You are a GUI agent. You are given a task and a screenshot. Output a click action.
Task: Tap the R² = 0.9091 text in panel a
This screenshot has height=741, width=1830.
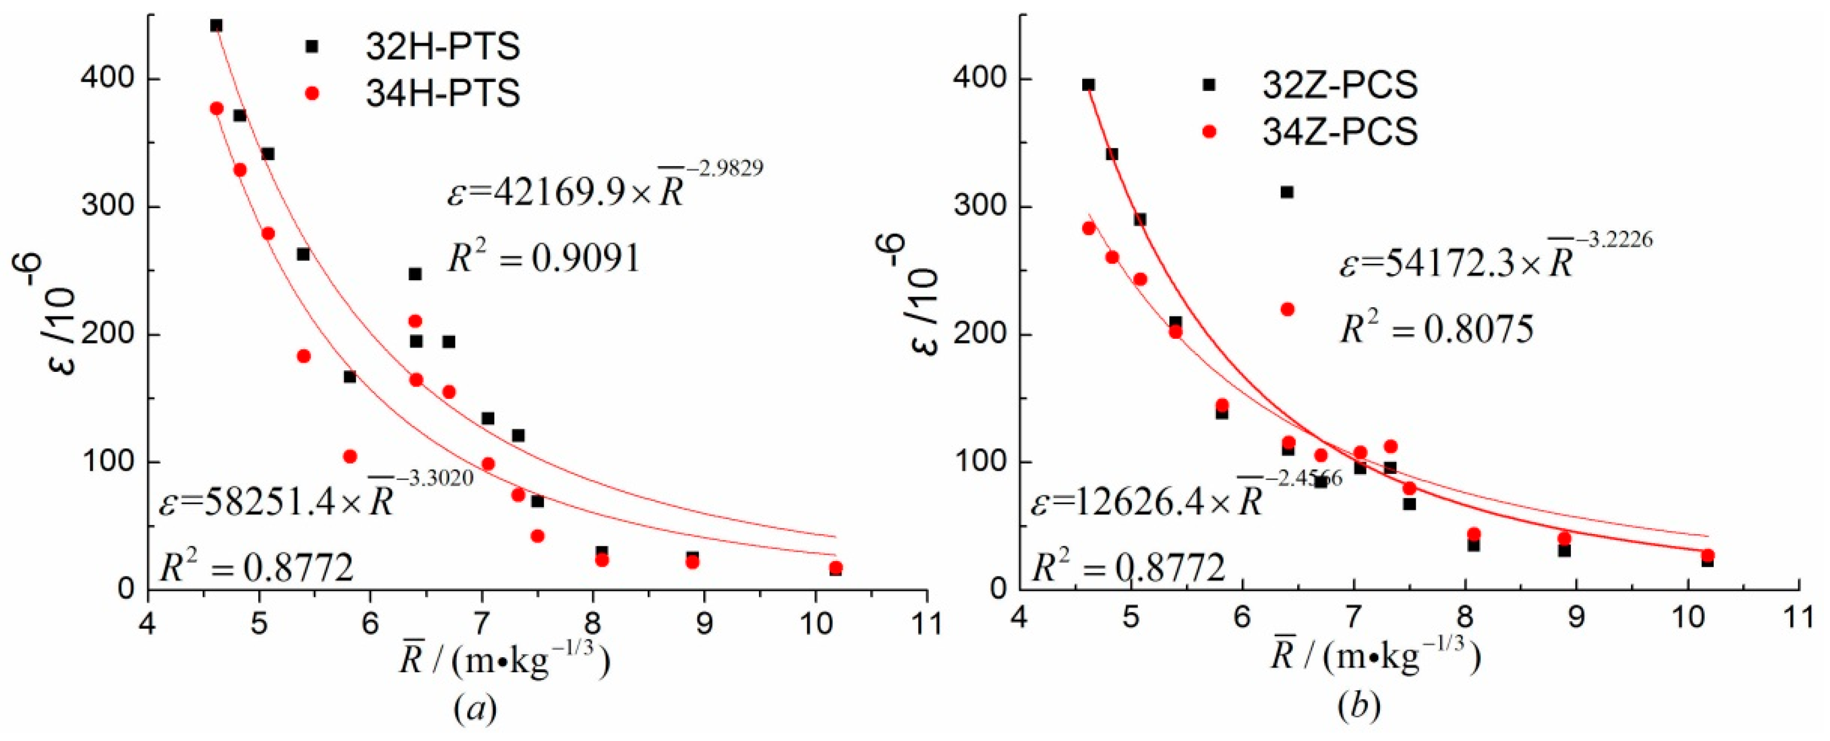coord(543,257)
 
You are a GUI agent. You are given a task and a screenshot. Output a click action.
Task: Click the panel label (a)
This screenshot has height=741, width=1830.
coord(474,708)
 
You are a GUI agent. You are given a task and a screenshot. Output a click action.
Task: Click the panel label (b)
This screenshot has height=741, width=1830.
coord(1358,708)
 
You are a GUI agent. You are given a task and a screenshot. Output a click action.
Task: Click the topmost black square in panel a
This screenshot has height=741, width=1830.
coord(217,25)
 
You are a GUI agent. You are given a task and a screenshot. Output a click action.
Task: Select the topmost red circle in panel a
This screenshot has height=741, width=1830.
coord(217,109)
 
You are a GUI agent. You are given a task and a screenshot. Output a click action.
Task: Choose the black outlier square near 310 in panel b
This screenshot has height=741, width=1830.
coord(1287,192)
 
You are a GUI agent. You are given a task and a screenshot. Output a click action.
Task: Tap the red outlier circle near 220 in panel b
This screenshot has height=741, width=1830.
coord(1287,309)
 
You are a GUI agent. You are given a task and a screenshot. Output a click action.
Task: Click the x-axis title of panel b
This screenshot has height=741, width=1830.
coord(1374,655)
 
